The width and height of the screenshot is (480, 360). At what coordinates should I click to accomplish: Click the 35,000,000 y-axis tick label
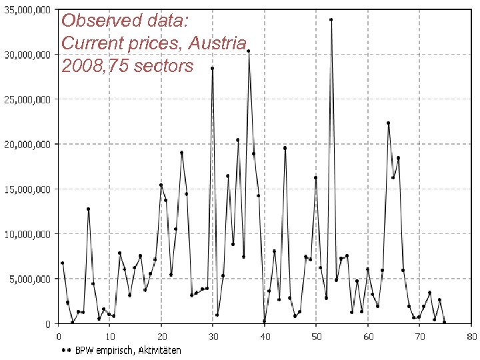tap(27, 10)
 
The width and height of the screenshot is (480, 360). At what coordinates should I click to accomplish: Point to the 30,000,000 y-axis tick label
tap(27, 55)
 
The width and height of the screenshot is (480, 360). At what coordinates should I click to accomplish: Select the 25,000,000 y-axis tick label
tap(27, 99)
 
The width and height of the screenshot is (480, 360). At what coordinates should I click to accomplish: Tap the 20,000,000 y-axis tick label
tap(27, 144)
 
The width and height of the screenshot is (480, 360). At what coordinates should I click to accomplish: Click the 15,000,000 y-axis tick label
tap(27, 189)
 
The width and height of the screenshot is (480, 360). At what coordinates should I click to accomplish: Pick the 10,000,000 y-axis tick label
tap(27, 234)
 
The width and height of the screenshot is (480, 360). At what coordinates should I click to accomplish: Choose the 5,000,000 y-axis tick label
tap(29, 279)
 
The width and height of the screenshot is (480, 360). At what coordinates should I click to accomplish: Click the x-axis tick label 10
tap(110, 336)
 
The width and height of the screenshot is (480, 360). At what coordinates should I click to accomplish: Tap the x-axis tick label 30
tap(213, 336)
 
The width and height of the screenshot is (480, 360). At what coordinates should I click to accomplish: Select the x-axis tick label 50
tap(316, 336)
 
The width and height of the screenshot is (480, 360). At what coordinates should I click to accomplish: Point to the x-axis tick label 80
tap(471, 336)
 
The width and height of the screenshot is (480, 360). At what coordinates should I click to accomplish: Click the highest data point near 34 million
tap(331, 20)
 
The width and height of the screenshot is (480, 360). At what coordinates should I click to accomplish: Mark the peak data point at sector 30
tap(213, 68)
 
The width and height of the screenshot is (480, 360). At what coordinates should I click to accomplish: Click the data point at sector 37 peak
tap(249, 51)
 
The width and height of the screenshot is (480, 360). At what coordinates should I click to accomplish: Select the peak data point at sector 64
tap(388, 123)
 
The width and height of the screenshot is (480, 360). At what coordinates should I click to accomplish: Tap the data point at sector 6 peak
tap(88, 209)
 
